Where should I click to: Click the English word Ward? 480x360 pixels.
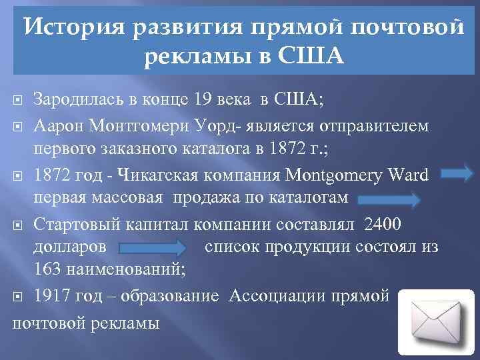407,175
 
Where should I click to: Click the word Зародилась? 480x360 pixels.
77,101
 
